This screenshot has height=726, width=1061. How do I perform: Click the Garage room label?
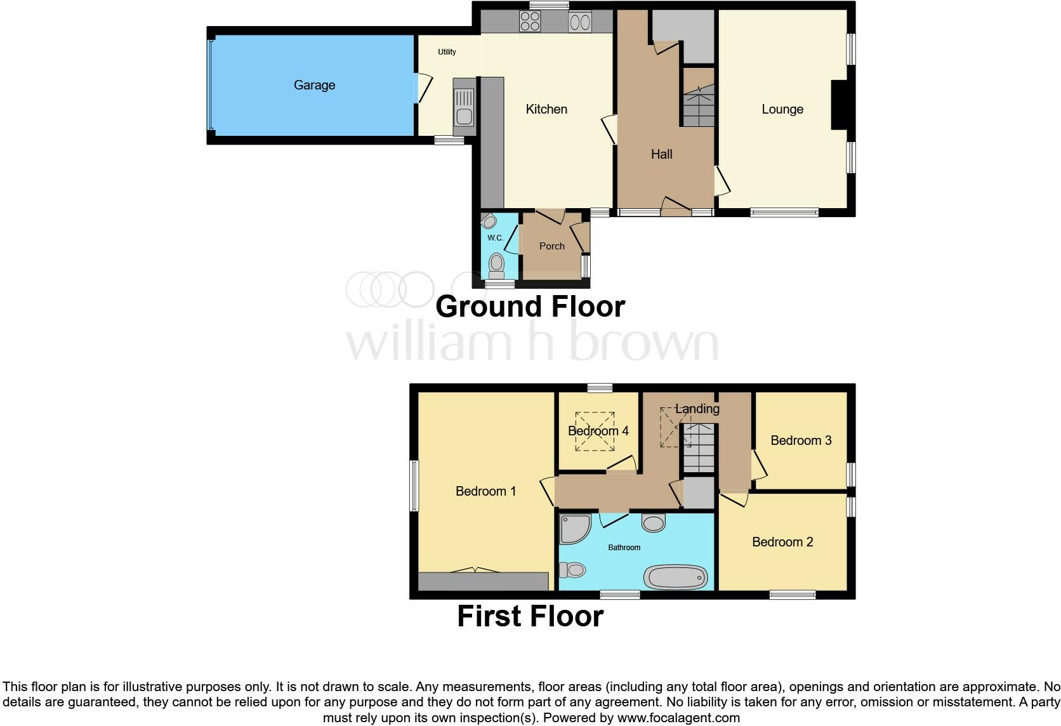314,85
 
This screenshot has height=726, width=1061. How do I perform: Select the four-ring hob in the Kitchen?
530,22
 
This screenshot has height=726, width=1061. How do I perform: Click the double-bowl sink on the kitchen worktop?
580,22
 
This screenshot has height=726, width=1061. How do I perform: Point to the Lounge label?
782,109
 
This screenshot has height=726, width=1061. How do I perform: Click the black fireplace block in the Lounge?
838,105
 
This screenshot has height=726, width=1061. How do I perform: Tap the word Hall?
661,154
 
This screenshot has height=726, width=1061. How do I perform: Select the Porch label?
551,246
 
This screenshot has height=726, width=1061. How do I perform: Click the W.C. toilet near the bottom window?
496,265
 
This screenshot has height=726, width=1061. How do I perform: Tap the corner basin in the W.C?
488,221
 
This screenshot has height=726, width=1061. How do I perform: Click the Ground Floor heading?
530,307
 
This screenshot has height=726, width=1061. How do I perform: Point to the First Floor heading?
530,616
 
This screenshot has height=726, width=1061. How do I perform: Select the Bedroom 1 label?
485,491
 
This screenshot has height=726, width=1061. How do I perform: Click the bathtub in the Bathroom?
675,577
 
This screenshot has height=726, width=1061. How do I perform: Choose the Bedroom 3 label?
801,440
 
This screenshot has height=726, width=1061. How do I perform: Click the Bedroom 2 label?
782,542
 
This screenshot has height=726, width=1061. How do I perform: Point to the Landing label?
697,409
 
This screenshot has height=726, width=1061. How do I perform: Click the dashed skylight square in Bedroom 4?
595,432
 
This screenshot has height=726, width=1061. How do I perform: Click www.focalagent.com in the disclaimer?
678,718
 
